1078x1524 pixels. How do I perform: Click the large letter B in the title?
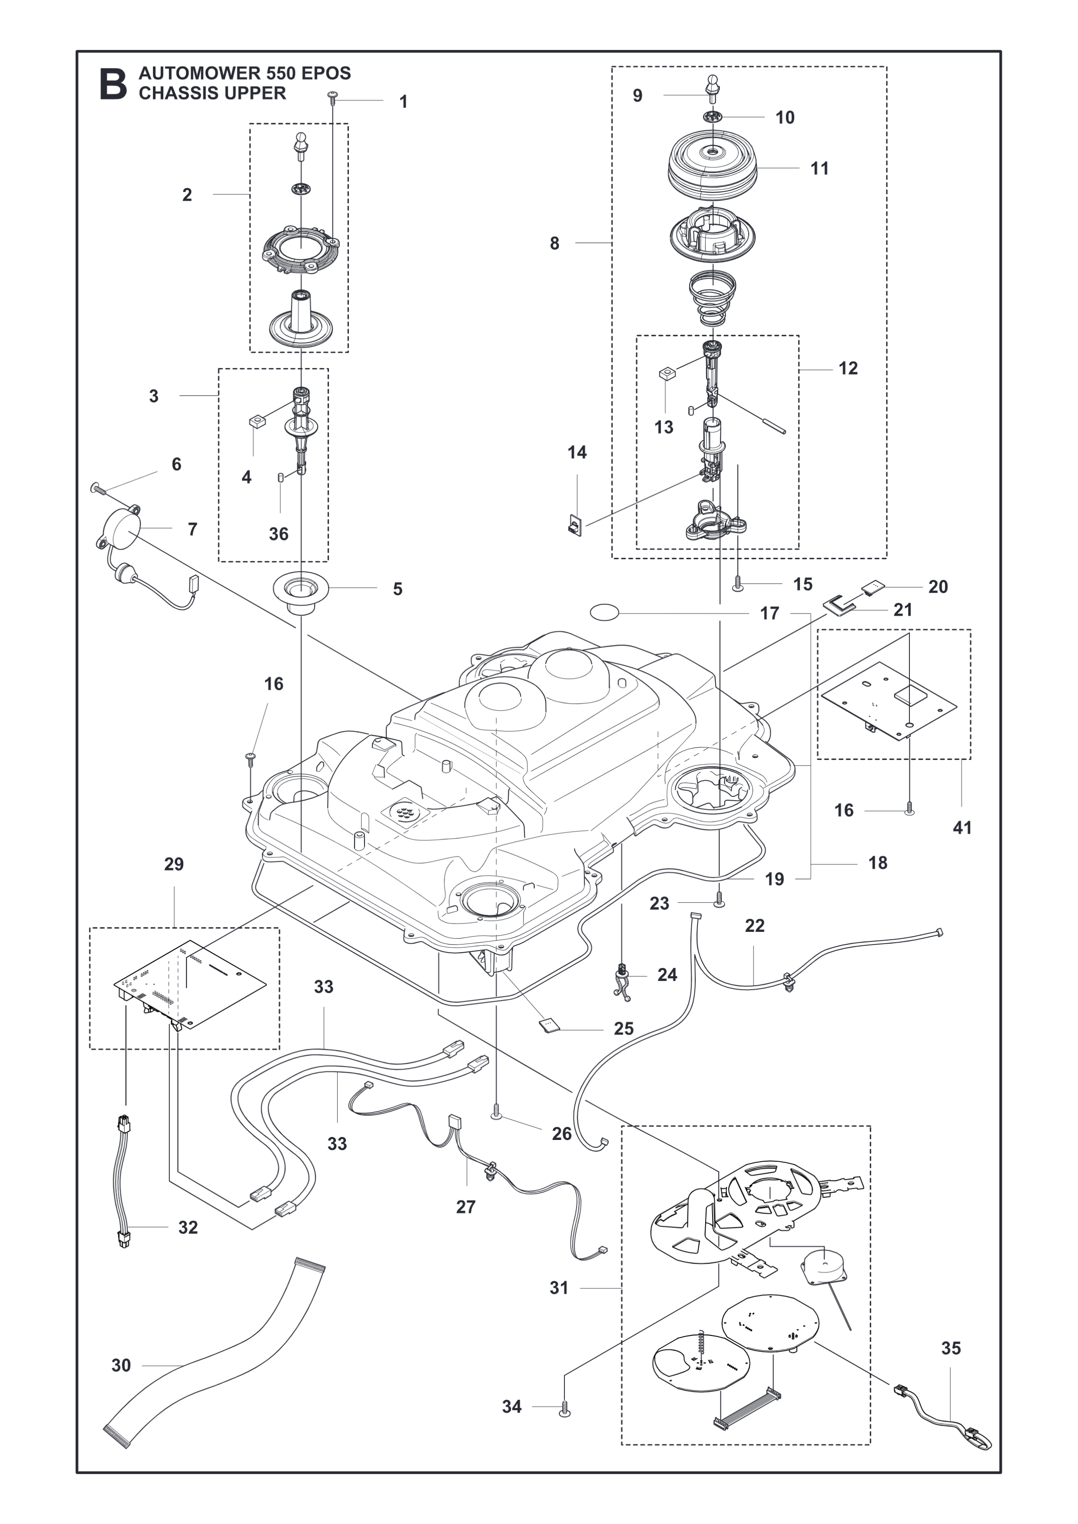[x=113, y=84]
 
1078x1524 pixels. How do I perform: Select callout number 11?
[x=820, y=169]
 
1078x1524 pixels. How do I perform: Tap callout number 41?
[x=962, y=828]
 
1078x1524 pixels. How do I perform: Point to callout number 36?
[x=279, y=534]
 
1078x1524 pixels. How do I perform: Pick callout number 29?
[x=174, y=864]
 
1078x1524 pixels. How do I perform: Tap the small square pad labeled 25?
[x=550, y=1026]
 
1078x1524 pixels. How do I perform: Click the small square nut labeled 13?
[x=668, y=374]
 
